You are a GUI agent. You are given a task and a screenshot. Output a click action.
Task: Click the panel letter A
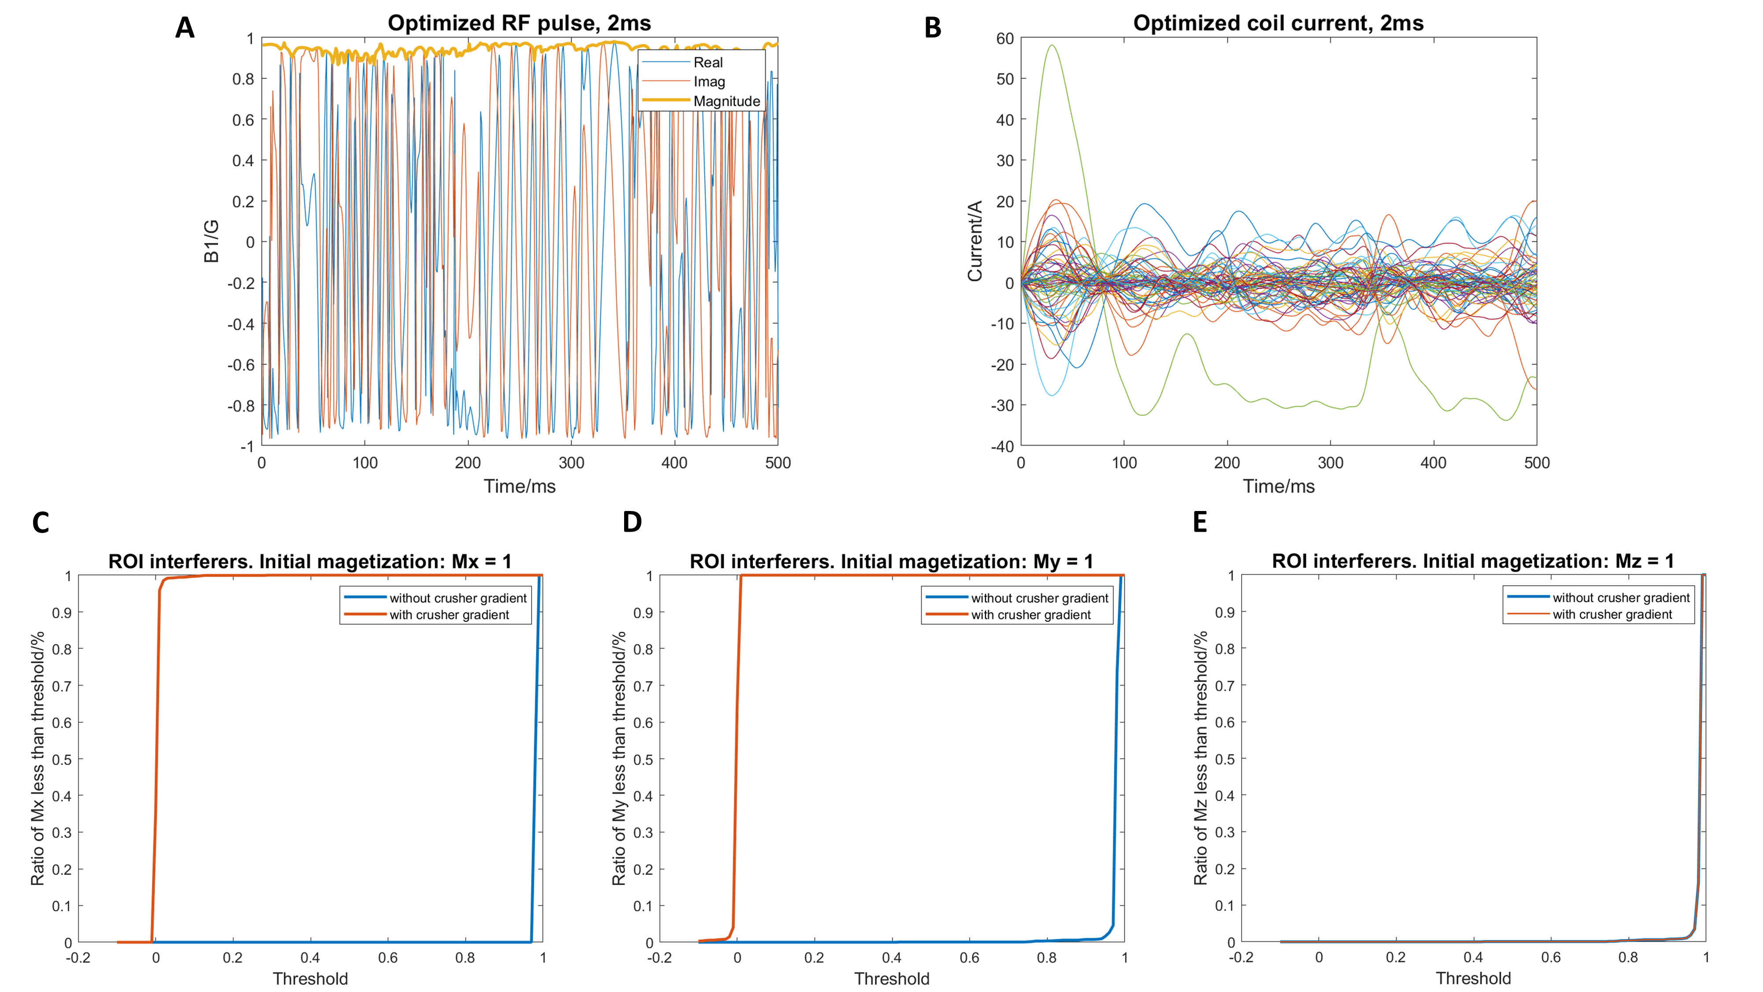185,28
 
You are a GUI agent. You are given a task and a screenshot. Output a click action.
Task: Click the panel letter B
932,28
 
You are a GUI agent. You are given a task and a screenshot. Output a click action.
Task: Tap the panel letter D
632,522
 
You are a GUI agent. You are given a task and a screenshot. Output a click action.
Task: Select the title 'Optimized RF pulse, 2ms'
519,23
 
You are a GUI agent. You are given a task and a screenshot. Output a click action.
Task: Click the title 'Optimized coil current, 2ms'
1278,23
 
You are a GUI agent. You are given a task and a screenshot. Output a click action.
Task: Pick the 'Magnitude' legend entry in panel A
726,101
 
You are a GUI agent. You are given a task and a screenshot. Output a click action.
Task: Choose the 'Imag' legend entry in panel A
709,82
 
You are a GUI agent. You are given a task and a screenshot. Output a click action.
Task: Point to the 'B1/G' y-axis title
212,241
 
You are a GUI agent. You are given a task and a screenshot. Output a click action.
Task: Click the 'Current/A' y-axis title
974,241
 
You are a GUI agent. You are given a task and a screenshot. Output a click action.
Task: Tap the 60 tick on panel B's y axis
1005,39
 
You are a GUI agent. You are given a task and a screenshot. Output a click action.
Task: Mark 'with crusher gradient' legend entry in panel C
449,615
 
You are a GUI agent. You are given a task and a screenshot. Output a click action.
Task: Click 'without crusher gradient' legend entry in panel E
1621,598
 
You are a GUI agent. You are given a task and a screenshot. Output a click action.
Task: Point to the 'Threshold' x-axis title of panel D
891,978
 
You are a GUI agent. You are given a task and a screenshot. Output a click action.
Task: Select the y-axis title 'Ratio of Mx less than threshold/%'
37,758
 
